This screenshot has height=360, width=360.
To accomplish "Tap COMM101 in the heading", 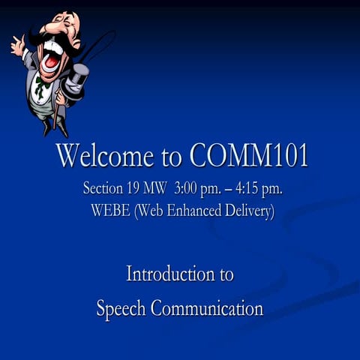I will tap(249, 156).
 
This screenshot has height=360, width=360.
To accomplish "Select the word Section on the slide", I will tap(103, 187).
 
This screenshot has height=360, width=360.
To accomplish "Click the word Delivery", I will tap(250, 211).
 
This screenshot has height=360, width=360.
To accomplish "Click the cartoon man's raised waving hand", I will tap(17, 45).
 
